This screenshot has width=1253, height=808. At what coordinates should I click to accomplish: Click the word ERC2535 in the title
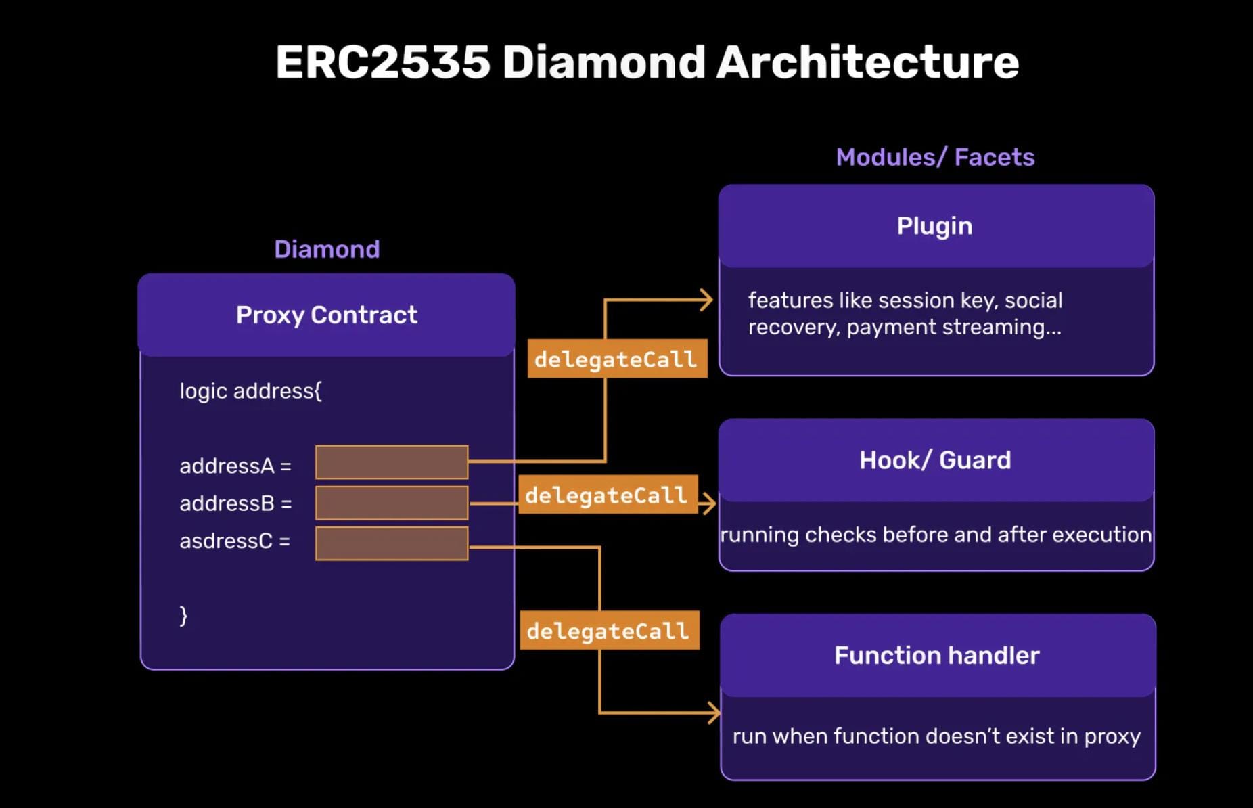click(382, 62)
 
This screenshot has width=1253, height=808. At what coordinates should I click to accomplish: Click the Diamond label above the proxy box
click(327, 249)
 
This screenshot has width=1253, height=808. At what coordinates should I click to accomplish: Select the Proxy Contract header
click(327, 315)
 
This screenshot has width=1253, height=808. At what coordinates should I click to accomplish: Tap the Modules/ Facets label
click(935, 157)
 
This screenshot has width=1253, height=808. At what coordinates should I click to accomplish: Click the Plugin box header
click(935, 226)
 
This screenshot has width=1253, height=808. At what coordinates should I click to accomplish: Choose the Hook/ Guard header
click(935, 460)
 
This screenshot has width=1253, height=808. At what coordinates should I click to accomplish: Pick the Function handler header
click(936, 655)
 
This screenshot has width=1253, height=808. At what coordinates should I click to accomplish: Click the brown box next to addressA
click(392, 462)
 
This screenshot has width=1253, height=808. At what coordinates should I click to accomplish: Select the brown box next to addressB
click(392, 503)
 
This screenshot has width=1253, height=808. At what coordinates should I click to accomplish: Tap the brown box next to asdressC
click(392, 543)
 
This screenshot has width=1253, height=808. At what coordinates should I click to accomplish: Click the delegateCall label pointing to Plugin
click(616, 359)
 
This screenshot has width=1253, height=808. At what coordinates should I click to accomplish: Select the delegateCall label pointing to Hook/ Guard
click(607, 495)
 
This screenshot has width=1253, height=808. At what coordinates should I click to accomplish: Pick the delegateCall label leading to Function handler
click(608, 631)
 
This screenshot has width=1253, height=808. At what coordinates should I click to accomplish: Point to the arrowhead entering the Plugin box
click(707, 300)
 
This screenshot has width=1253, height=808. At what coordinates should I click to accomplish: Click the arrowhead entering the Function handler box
click(714, 713)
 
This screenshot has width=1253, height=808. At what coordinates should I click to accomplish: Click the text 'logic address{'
click(250, 391)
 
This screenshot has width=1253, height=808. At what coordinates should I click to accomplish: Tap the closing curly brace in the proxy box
click(183, 615)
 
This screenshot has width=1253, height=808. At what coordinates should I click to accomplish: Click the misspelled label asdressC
click(234, 541)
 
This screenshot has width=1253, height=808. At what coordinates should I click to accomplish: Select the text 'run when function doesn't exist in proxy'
click(936, 736)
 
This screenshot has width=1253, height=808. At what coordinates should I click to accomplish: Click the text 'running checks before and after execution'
click(936, 535)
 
